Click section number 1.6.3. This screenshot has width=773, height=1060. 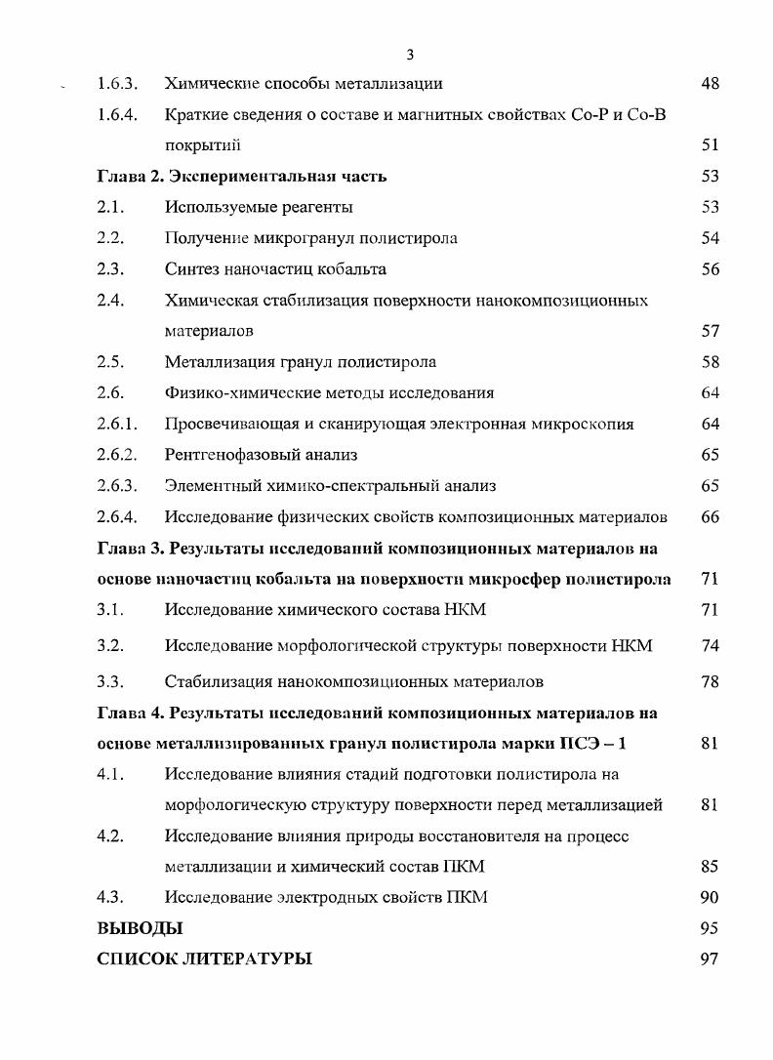coord(117,84)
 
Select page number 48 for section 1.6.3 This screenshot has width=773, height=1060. coord(710,84)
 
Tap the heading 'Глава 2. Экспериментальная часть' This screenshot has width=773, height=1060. coord(242,177)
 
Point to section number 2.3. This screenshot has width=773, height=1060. coord(110,269)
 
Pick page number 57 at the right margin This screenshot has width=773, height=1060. coord(710,332)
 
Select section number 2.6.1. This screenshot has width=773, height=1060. coord(117,425)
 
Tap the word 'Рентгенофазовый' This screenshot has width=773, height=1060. coord(227,456)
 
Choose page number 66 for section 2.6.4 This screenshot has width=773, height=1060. coord(710,517)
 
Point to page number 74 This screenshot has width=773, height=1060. coord(710,646)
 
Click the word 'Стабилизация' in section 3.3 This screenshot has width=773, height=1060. coord(214,681)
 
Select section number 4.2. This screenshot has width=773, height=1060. coord(110,837)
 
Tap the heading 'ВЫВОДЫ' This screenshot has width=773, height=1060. coord(140,928)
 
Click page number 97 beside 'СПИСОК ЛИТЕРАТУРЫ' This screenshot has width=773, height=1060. coord(710,959)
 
